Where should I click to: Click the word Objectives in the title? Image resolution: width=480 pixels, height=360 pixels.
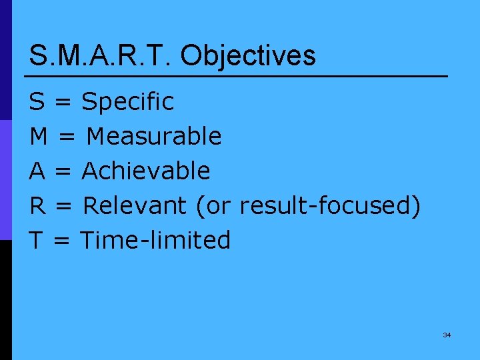[x=248, y=56]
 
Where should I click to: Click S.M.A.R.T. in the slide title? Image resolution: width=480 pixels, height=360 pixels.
[x=100, y=55]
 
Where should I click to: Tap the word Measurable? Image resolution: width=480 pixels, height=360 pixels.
[x=154, y=137]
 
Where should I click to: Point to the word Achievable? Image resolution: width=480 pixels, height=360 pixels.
[x=146, y=171]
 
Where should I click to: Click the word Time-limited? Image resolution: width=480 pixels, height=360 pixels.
[x=155, y=240]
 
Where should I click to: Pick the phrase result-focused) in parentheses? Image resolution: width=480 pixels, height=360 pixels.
[x=330, y=206]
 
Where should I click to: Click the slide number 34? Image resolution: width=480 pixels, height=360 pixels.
[x=447, y=335]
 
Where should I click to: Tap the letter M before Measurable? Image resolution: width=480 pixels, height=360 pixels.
[x=39, y=137]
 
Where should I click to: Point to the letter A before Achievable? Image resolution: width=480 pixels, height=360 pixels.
[x=37, y=171]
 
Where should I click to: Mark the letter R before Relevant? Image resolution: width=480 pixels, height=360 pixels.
[x=37, y=206]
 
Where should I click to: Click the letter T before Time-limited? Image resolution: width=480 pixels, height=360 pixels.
[x=37, y=240]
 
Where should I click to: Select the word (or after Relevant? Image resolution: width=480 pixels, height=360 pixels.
[x=212, y=206]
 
